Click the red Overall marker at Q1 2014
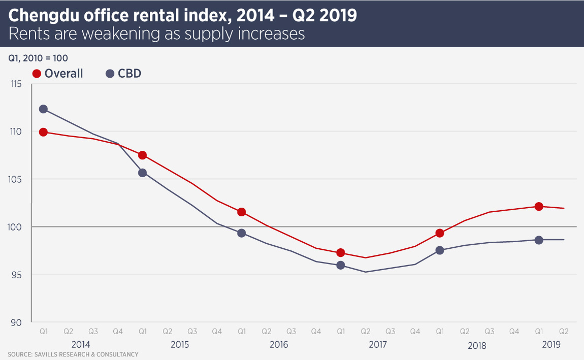coord(43,132)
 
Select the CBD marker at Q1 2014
coord(43,109)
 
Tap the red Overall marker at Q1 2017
coord(341,253)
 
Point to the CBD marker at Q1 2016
coord(242,233)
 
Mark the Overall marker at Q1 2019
coord(539,207)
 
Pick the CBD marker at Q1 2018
coord(440,250)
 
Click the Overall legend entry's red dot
coord(37,74)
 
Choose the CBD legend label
coord(129,74)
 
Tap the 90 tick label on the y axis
coord(17,323)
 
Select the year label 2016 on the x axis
coord(279,345)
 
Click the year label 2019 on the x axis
coord(551,344)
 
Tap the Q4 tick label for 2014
coord(118,332)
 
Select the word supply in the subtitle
coord(204,34)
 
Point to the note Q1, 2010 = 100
coord(38,58)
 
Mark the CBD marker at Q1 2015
coord(143,173)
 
